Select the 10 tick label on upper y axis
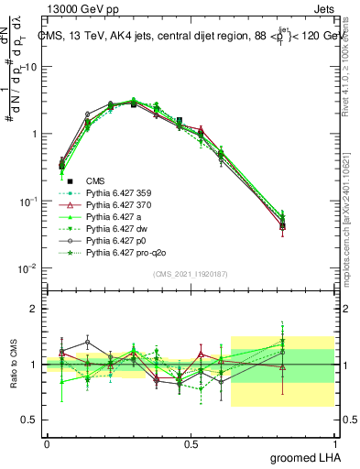[33, 67]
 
